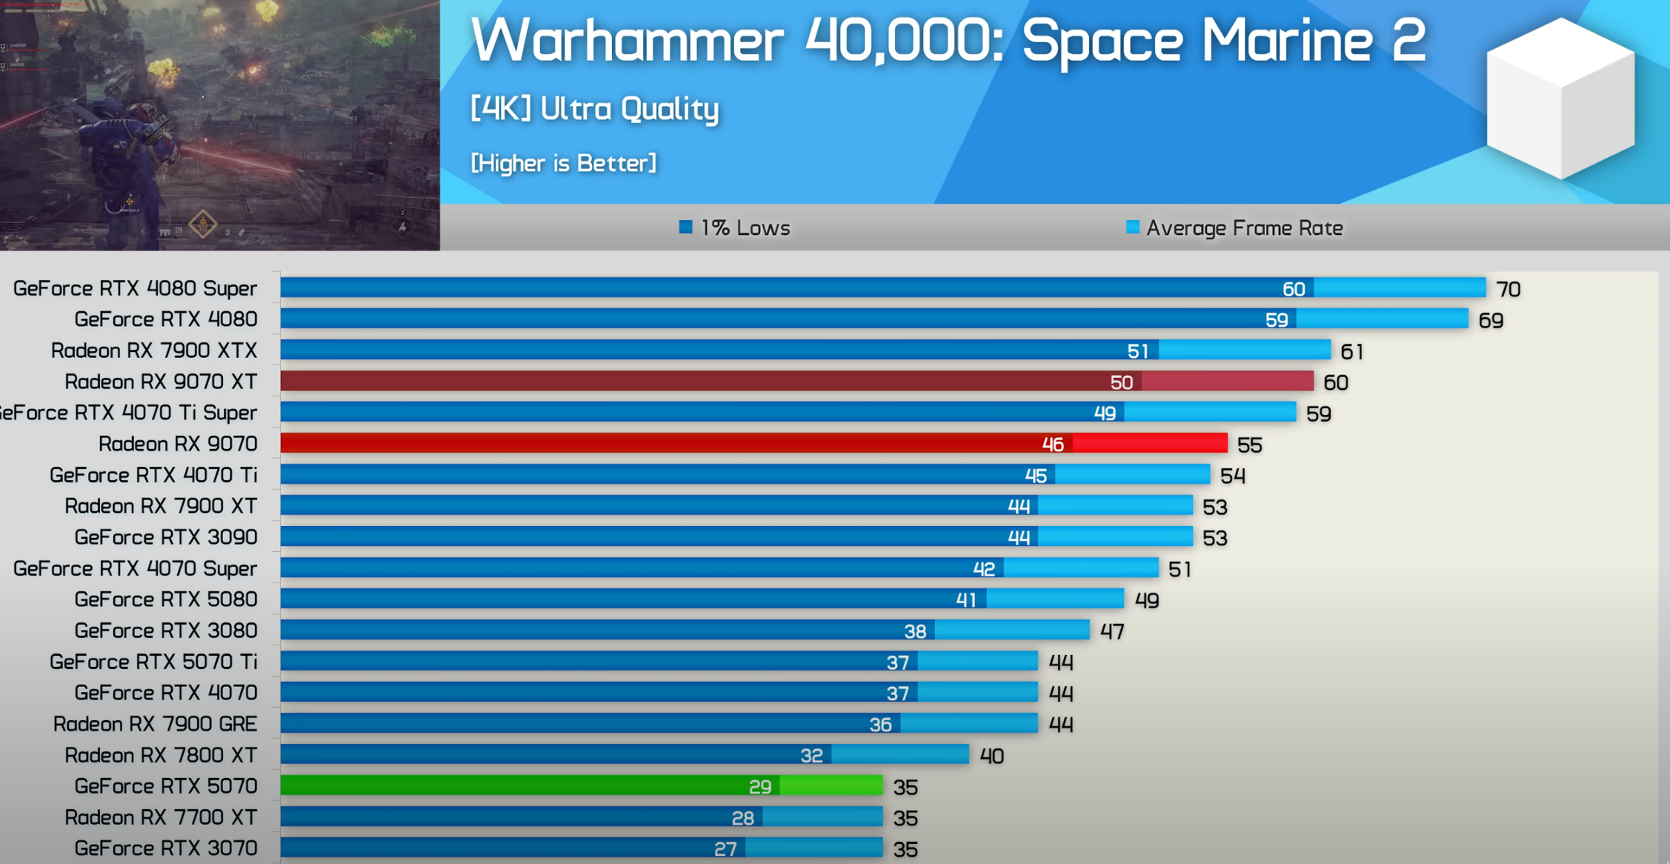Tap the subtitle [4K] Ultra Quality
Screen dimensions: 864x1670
(595, 109)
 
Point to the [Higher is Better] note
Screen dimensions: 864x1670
(563, 163)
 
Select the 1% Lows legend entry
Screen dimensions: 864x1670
(735, 227)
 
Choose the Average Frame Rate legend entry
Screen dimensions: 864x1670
(1234, 227)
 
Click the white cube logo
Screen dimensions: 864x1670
(1560, 99)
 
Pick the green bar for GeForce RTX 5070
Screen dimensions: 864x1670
(581, 785)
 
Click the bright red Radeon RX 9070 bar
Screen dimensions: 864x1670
(753, 443)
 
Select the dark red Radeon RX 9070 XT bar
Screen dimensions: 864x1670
(796, 382)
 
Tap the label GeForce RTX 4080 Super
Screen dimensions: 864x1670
(135, 288)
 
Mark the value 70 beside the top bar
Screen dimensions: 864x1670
(1508, 289)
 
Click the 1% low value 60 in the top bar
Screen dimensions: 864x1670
(1294, 289)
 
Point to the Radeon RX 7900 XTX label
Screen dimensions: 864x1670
(153, 350)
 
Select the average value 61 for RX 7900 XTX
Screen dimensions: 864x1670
(1351, 351)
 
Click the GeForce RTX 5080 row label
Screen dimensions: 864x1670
(165, 599)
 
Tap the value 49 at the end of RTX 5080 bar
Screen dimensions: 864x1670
(1146, 600)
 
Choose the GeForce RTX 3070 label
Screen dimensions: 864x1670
(165, 848)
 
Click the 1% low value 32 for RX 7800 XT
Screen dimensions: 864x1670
(811, 756)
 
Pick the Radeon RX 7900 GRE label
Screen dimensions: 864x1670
(155, 723)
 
